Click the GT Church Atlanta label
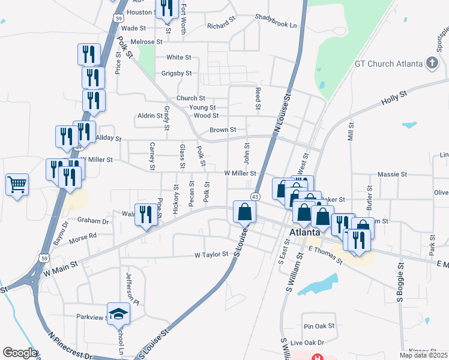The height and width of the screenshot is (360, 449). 389,63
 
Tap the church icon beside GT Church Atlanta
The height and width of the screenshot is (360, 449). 432,63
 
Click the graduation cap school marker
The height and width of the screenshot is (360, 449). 119,314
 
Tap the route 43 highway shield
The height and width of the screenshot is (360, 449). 256,197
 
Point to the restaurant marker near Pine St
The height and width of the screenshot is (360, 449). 146,215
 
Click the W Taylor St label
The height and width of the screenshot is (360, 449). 212,254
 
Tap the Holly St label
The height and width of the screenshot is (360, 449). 394,98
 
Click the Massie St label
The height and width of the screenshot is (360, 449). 393,174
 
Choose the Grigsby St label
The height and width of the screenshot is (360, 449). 176,73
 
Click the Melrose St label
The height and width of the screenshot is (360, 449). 147,42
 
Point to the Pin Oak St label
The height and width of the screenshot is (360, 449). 319,326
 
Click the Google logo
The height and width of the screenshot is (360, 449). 19,353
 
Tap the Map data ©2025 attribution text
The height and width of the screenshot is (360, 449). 424,355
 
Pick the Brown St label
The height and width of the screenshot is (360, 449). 223,130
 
